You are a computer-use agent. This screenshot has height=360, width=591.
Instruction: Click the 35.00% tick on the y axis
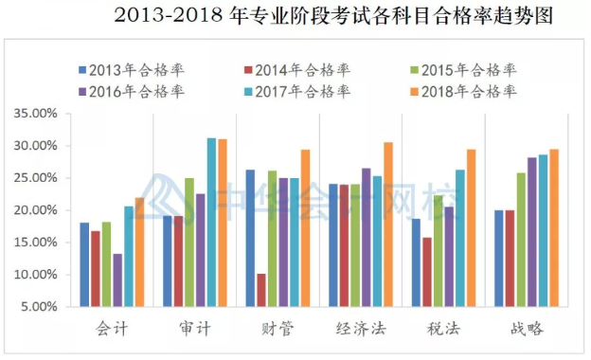[36, 114]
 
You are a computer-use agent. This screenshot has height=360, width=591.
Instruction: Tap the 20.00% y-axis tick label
[36, 210]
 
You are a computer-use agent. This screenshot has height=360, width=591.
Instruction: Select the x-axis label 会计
[112, 329]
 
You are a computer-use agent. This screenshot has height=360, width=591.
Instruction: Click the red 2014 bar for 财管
[261, 290]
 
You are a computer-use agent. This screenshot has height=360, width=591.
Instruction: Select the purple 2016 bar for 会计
[117, 279]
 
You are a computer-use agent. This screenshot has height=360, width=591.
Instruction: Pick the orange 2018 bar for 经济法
[388, 225]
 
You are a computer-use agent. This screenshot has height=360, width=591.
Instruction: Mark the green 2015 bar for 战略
[520, 240]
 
